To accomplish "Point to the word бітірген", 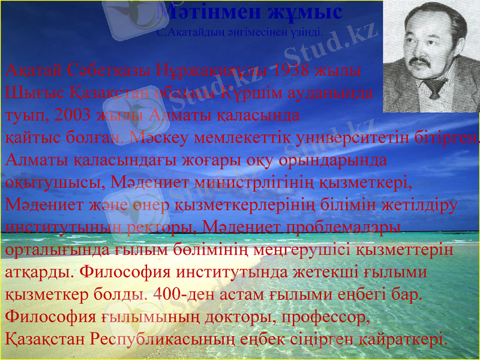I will (447, 137).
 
